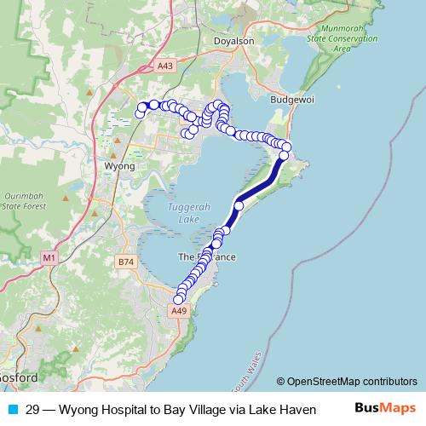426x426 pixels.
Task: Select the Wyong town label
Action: point(118,166)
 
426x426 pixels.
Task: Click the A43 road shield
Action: point(165,66)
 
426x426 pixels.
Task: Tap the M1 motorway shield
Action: point(49,256)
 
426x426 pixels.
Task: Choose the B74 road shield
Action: point(126,262)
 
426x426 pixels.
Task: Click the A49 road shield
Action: point(178,312)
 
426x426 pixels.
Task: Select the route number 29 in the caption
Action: point(32,410)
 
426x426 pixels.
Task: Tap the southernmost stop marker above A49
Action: point(178,299)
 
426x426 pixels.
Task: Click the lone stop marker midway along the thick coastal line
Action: point(239,205)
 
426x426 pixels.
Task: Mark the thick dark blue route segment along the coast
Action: point(260,183)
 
